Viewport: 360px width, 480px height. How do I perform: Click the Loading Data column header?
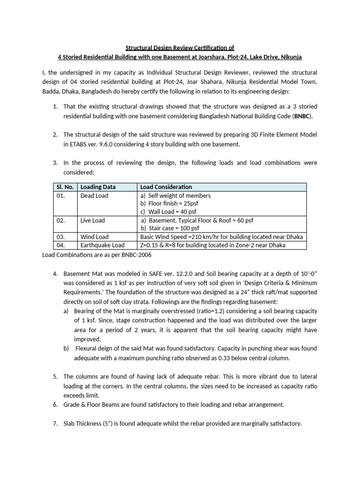(97, 187)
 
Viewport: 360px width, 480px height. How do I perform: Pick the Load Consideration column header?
(166, 187)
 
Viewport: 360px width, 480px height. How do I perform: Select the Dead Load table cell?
(94, 195)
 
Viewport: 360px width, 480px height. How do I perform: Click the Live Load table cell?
(93, 220)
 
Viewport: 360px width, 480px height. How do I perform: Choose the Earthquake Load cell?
(102, 245)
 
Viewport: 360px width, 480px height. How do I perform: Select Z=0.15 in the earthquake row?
(150, 245)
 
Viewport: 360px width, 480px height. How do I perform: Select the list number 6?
(55, 404)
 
